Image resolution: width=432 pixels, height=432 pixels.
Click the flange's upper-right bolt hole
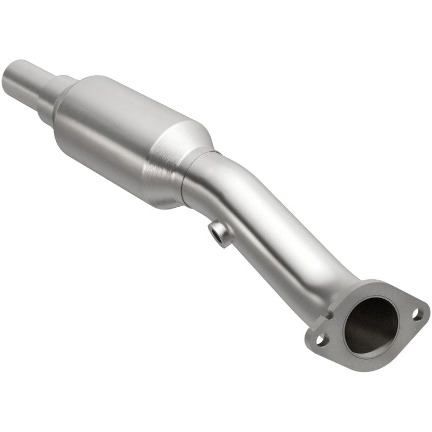417,312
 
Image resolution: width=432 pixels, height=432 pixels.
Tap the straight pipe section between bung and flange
281,238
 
